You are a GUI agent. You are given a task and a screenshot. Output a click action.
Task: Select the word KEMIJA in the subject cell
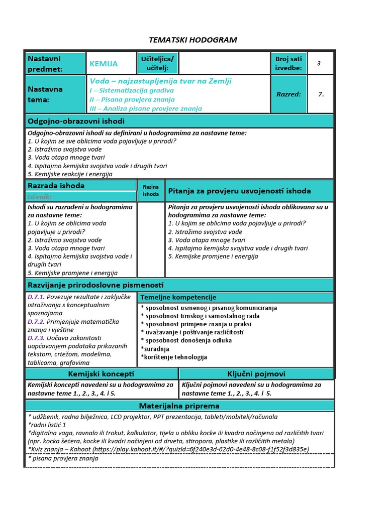(x=104, y=64)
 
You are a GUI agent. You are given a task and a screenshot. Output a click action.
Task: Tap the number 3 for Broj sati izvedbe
(x=319, y=63)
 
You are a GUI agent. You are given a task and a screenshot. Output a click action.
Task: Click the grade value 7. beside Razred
(x=321, y=94)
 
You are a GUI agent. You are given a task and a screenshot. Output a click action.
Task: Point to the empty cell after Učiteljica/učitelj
(x=224, y=64)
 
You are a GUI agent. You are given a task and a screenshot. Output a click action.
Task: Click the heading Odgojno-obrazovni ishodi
(x=76, y=121)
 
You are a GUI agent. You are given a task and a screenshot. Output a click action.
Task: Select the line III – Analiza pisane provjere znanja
(x=146, y=108)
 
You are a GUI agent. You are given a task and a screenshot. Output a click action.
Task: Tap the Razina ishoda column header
(x=151, y=190)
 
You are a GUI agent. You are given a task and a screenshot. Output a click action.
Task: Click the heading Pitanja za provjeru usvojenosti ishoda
(x=239, y=191)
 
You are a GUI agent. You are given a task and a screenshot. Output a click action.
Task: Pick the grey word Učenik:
(x=40, y=197)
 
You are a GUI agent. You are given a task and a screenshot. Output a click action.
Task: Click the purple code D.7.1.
(x=36, y=297)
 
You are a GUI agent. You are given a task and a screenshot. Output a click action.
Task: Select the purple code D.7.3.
(x=36, y=338)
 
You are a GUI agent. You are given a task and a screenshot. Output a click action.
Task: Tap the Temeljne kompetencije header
(x=178, y=297)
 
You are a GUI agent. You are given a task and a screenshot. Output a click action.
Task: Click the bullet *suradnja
(x=155, y=349)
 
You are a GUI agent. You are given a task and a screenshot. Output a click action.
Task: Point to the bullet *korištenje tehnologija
(x=174, y=357)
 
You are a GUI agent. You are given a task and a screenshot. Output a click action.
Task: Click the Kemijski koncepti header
(x=101, y=374)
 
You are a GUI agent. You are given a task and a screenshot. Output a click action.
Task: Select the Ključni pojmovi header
(x=256, y=374)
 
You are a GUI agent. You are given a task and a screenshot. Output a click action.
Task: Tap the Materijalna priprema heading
(x=179, y=406)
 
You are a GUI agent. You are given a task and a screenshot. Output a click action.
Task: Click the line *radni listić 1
(x=47, y=425)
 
